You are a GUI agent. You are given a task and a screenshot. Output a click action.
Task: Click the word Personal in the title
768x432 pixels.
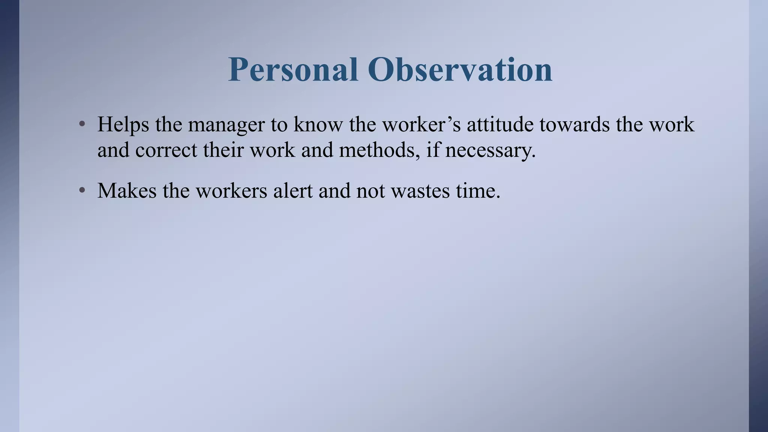293,70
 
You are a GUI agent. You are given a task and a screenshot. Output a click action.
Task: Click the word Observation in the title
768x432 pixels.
460,70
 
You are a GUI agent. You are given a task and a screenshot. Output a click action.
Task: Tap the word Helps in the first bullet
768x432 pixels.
123,124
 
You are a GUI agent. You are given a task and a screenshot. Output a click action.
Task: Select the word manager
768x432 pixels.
226,125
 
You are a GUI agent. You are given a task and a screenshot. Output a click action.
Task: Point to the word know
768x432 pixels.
318,124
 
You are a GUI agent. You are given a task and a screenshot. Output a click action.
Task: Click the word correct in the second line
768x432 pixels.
166,150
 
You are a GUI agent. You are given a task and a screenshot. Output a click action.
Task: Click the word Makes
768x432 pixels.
127,190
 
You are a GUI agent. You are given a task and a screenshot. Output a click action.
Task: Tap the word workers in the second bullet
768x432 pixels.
231,190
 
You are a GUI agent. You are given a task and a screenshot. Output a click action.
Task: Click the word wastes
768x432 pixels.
420,191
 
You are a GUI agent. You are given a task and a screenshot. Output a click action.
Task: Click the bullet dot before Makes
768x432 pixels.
82,190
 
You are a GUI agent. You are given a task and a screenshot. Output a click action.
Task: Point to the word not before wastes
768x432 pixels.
370,191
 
